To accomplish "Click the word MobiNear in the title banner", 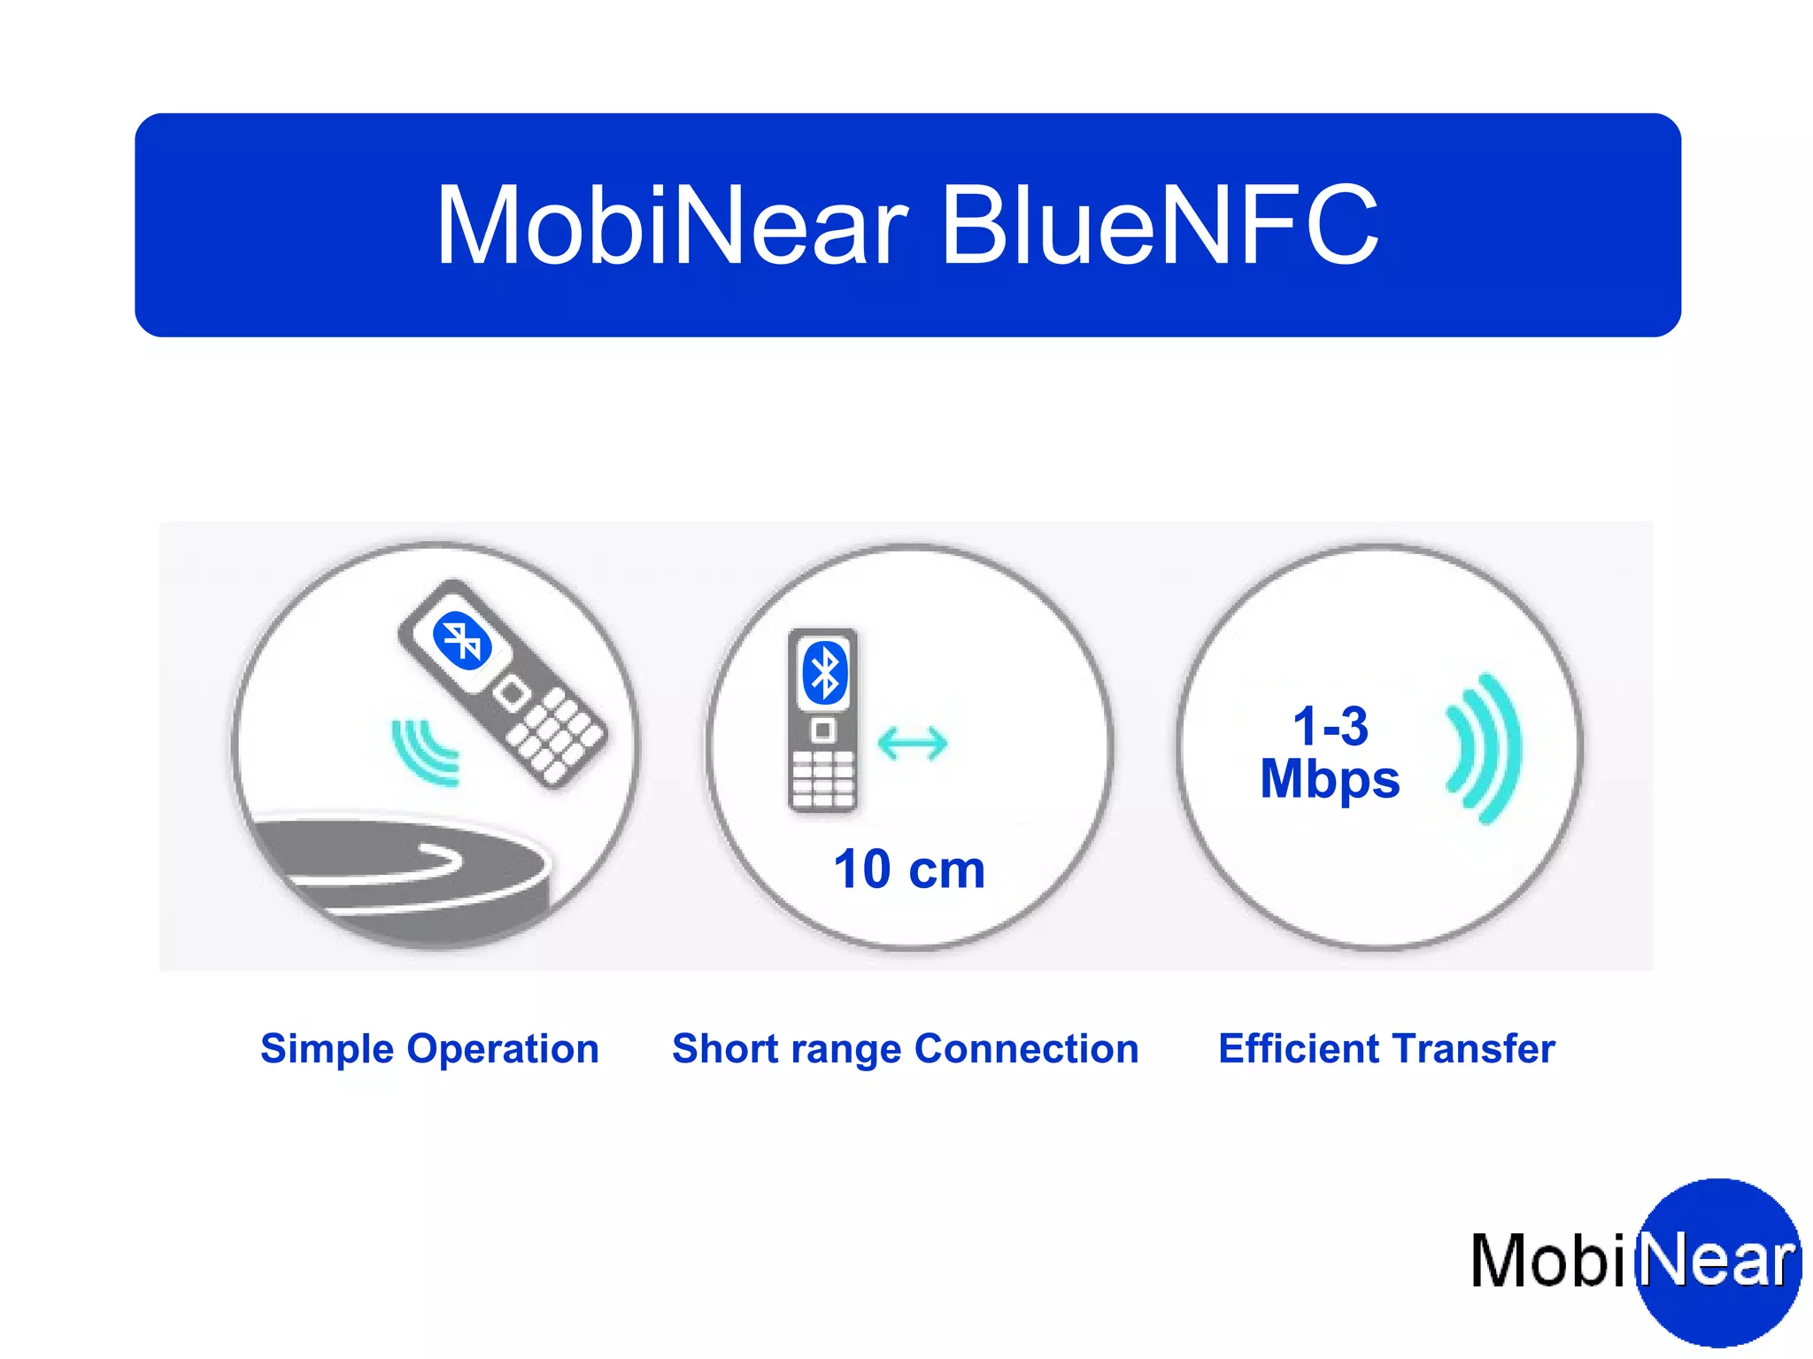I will (x=673, y=226).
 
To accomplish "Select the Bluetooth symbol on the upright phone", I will (x=824, y=672).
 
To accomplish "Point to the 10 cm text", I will (x=909, y=869).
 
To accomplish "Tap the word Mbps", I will (x=1330, y=779).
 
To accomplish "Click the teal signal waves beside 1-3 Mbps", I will (x=1484, y=748).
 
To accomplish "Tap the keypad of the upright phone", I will (x=822, y=779).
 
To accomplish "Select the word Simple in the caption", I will (x=327, y=1049).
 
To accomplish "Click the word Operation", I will (x=503, y=1049).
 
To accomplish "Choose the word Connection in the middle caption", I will (x=1026, y=1049).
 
